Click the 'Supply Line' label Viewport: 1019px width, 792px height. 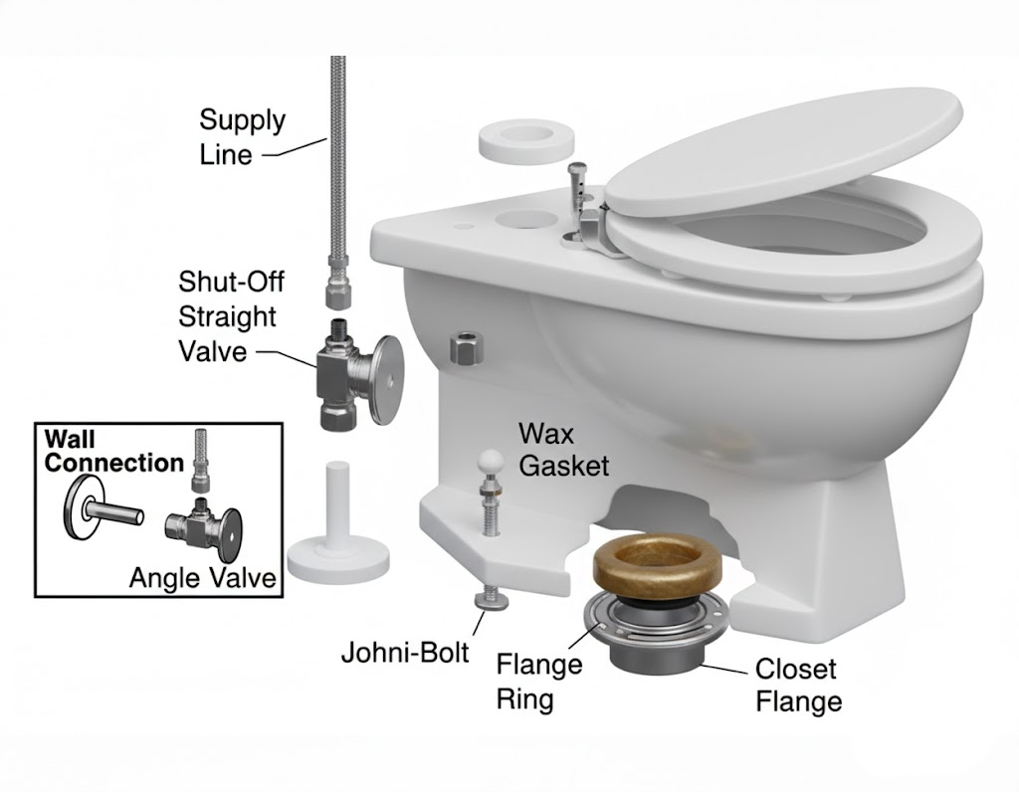(242, 137)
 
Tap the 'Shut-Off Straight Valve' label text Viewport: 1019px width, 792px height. (230, 315)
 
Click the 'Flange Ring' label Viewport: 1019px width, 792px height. (538, 681)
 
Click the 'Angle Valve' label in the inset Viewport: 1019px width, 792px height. (202, 577)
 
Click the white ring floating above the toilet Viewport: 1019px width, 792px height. (515, 141)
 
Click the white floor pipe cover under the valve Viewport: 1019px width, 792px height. (335, 527)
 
